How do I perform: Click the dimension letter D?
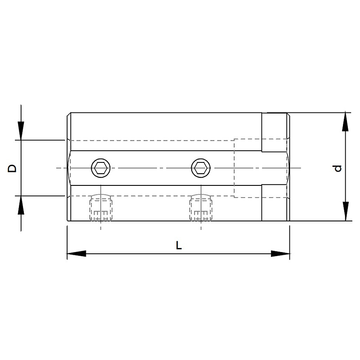[12, 168]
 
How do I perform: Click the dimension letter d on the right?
[337, 168]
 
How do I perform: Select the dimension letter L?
[179, 245]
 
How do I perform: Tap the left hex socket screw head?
[100, 168]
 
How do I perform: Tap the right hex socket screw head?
[201, 168]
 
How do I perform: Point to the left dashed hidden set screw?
[101, 207]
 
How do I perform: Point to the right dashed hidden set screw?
[201, 207]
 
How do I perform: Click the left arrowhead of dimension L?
[76, 253]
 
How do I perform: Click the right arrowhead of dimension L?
[280, 253]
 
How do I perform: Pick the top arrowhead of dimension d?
[345, 121]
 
